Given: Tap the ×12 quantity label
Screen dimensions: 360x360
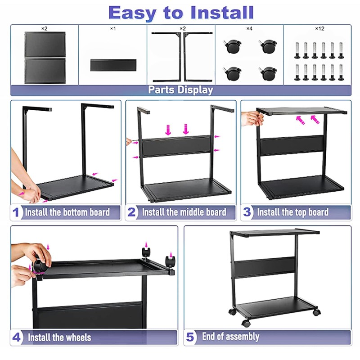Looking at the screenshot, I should coord(319,29).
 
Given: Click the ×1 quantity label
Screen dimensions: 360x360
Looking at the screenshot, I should coord(112,29).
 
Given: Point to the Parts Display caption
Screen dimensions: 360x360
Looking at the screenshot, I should coord(180,90).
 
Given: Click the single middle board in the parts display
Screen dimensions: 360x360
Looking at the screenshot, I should coord(112,65).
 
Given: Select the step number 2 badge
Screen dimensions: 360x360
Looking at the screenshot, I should coord(131,212).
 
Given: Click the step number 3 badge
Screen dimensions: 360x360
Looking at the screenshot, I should coord(247,212).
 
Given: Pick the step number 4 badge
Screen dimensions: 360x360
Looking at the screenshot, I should coord(17,337).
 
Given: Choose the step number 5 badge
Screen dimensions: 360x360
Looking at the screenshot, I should coord(190,337).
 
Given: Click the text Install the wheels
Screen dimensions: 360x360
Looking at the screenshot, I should coord(59,337).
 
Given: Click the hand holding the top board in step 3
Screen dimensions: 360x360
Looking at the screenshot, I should coord(252,118).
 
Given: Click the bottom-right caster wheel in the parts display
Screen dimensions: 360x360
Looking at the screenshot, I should coord(269,73).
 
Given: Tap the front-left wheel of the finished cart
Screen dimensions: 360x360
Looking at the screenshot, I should coord(246,323).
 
